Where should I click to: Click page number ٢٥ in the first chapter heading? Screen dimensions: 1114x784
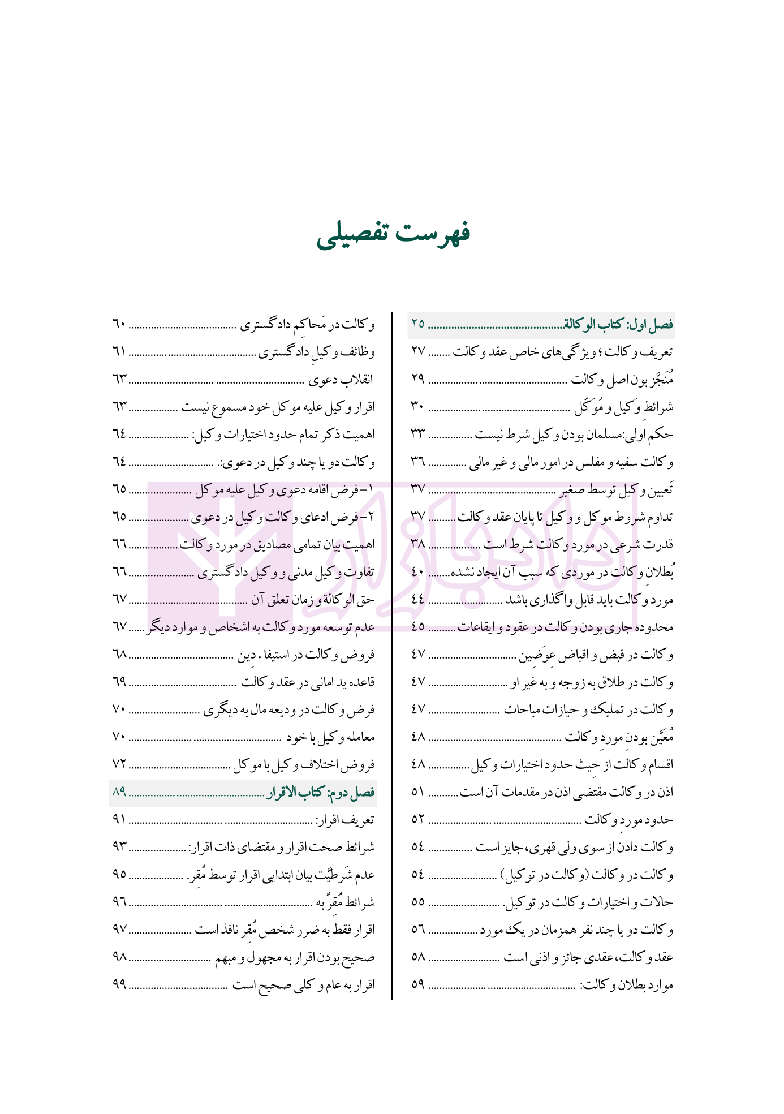coord(417,325)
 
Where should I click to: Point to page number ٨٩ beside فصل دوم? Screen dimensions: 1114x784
coord(119,793)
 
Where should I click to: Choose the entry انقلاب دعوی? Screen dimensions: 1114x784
coord(341,380)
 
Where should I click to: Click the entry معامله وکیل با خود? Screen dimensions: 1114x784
coord(330,738)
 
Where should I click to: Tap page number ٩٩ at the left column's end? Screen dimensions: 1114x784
coord(119,985)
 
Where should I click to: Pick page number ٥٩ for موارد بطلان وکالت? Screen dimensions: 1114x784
coord(417,985)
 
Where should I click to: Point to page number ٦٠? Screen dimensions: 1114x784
coord(119,325)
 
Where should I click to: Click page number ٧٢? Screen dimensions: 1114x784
coord(119,765)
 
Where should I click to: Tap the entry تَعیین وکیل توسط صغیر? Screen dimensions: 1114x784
coord(617,490)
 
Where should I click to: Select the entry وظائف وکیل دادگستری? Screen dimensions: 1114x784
coord(317,352)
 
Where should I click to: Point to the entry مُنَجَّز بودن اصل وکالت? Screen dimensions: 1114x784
coord(622,380)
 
